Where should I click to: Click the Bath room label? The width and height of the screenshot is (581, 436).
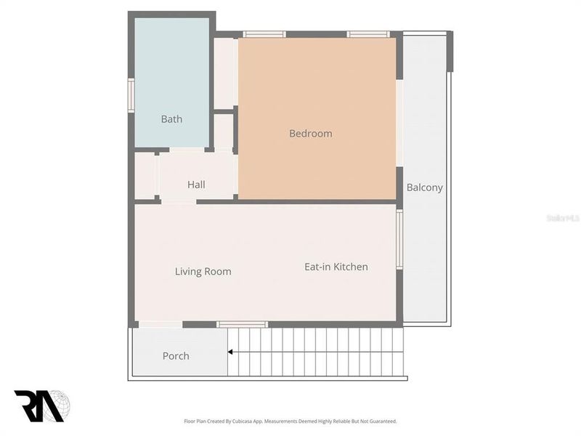click(171, 119)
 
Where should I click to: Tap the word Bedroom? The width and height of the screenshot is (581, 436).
click(310, 134)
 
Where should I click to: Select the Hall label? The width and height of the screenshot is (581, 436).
click(196, 185)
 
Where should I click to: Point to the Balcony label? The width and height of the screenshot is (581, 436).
click(424, 187)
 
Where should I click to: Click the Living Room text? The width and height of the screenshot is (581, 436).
click(203, 272)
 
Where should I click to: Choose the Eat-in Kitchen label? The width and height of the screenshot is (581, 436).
click(336, 267)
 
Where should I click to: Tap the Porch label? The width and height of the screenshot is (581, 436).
click(176, 356)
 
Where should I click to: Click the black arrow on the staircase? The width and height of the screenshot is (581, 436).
click(231, 352)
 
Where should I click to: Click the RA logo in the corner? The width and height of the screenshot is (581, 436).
click(41, 405)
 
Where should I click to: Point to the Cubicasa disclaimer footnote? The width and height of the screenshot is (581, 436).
click(290, 421)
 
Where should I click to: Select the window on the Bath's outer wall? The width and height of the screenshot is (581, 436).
click(131, 95)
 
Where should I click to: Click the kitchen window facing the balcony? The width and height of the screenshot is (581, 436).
click(399, 240)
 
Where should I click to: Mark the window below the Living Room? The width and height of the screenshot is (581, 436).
click(242, 324)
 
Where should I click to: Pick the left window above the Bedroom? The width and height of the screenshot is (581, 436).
click(264, 34)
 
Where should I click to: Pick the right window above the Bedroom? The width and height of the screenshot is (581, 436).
click(367, 34)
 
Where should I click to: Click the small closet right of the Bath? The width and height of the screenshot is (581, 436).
click(224, 73)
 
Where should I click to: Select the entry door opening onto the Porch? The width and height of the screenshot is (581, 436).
click(160, 324)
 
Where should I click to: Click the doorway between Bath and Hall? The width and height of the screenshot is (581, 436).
click(187, 150)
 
